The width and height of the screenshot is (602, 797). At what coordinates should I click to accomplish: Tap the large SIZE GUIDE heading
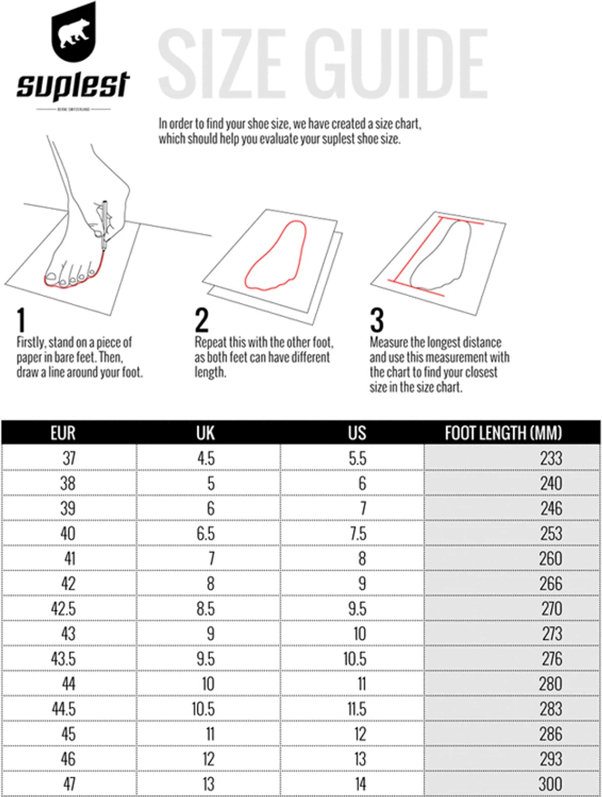(x=322, y=62)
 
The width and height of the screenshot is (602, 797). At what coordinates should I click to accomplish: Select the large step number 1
(x=22, y=321)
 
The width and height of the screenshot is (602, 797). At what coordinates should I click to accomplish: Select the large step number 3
(x=376, y=321)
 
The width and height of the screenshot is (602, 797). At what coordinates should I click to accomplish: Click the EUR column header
(x=62, y=433)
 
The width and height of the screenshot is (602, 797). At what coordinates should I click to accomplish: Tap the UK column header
(x=205, y=433)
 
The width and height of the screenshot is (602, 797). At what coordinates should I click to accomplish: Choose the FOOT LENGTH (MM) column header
(x=503, y=433)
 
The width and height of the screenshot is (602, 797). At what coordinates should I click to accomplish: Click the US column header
(x=357, y=433)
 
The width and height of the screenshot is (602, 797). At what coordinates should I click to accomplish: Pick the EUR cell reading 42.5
(x=64, y=608)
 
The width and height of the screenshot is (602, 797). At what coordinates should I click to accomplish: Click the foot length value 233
(x=551, y=458)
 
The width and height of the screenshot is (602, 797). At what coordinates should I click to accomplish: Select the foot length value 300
(x=550, y=784)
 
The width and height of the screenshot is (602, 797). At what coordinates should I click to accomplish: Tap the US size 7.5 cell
(x=357, y=534)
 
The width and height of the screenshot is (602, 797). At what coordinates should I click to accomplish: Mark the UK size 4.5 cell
(x=206, y=458)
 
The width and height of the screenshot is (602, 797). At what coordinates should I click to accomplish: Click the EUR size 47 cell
(x=69, y=784)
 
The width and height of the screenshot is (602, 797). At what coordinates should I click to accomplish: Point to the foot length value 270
(x=552, y=608)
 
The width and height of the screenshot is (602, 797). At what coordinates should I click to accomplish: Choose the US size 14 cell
(x=360, y=784)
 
